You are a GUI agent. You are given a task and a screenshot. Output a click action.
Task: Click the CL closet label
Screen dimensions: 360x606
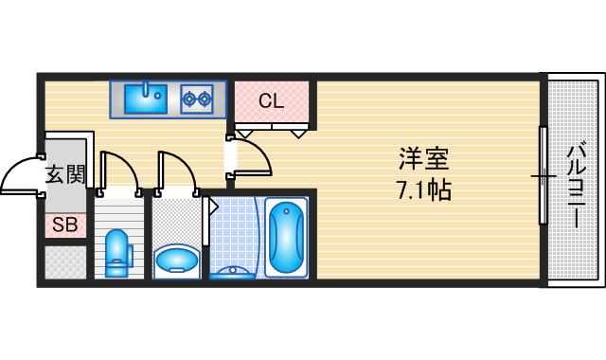[272, 101]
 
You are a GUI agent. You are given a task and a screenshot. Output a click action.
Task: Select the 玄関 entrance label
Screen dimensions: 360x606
[65, 174]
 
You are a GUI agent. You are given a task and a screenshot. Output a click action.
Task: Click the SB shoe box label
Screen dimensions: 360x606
[64, 225]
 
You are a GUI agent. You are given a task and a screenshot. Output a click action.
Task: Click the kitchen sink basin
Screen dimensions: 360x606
[146, 96]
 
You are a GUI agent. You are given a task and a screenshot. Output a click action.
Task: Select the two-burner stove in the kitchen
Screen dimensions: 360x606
[196, 97]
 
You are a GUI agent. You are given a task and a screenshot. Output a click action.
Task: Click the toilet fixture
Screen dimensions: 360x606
[117, 252]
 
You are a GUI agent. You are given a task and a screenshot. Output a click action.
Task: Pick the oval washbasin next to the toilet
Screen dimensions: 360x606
[176, 257]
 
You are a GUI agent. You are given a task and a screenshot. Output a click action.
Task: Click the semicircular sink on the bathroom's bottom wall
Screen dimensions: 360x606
[233, 272]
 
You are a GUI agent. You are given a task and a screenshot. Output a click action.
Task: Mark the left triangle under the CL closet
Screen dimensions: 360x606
[243, 134]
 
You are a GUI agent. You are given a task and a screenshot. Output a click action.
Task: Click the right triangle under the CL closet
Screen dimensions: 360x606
[299, 134]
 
